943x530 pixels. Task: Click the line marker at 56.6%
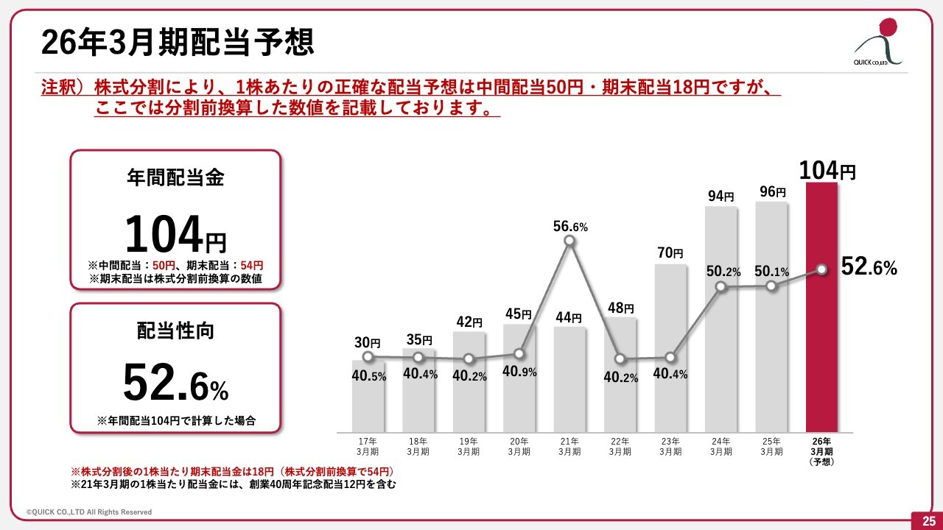(569, 240)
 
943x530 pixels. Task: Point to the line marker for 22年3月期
(620, 359)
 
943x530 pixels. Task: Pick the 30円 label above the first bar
(367, 342)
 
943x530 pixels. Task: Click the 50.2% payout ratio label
(723, 272)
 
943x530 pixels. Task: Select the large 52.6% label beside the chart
(869, 267)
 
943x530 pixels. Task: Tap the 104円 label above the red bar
(827, 172)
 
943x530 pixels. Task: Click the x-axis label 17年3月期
(368, 447)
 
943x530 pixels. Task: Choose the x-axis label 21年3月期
(569, 447)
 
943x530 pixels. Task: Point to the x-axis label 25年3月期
(771, 447)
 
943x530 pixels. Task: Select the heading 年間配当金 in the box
(175, 177)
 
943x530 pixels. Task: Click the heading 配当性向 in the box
(175, 331)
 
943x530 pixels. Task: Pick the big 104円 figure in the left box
(175, 236)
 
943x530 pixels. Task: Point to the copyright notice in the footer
(89, 512)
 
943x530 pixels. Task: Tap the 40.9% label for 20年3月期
(519, 372)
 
